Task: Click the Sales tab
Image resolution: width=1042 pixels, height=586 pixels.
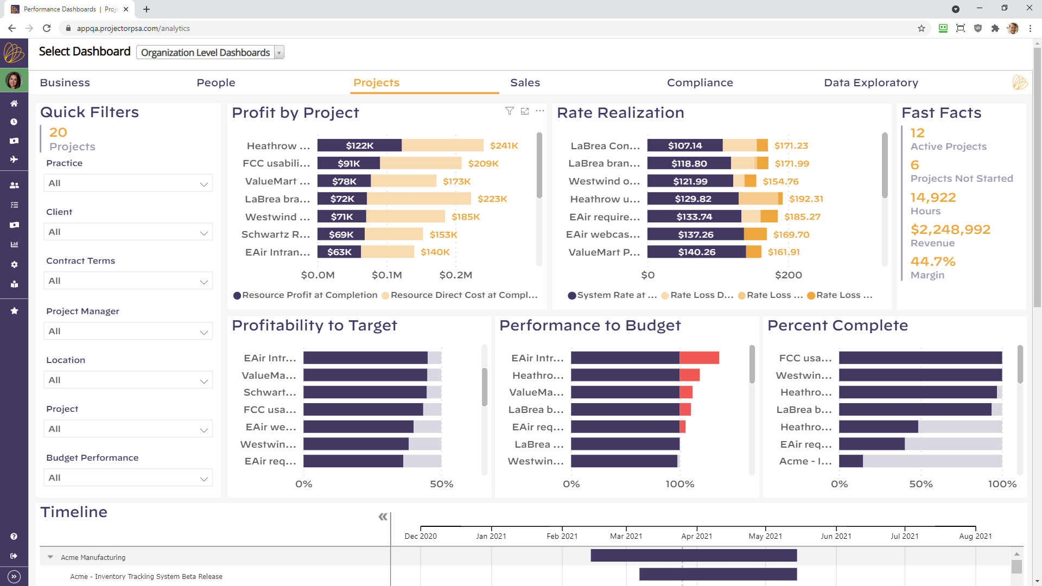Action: (525, 82)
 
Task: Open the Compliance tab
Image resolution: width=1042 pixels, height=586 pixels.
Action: (700, 82)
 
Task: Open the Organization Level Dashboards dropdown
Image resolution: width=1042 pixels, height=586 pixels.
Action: (210, 53)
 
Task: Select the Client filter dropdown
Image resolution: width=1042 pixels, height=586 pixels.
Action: (128, 232)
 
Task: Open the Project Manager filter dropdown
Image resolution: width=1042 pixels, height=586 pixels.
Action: (128, 332)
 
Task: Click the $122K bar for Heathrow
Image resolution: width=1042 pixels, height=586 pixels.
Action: (359, 145)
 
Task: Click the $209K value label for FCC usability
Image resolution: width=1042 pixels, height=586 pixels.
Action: (483, 163)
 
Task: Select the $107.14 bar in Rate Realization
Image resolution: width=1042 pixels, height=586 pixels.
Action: (684, 145)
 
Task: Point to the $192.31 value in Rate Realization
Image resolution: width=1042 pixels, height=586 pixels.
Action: (806, 199)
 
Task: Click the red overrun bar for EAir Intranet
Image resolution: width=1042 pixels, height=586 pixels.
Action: (699, 358)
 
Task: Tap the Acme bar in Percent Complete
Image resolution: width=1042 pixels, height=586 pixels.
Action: (850, 461)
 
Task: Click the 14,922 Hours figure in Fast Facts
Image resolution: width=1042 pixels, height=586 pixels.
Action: (933, 198)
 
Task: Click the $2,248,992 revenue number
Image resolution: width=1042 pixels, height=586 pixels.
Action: (950, 230)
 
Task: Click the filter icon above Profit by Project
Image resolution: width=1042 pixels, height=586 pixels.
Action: (509, 111)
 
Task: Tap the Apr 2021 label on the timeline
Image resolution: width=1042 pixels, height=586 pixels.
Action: (696, 536)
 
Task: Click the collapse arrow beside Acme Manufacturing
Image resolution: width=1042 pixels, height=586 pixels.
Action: (50, 557)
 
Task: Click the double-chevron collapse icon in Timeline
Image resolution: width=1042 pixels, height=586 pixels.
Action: (383, 517)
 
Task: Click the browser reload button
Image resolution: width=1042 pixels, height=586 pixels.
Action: (47, 28)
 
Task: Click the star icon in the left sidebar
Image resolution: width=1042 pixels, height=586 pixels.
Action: (14, 311)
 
